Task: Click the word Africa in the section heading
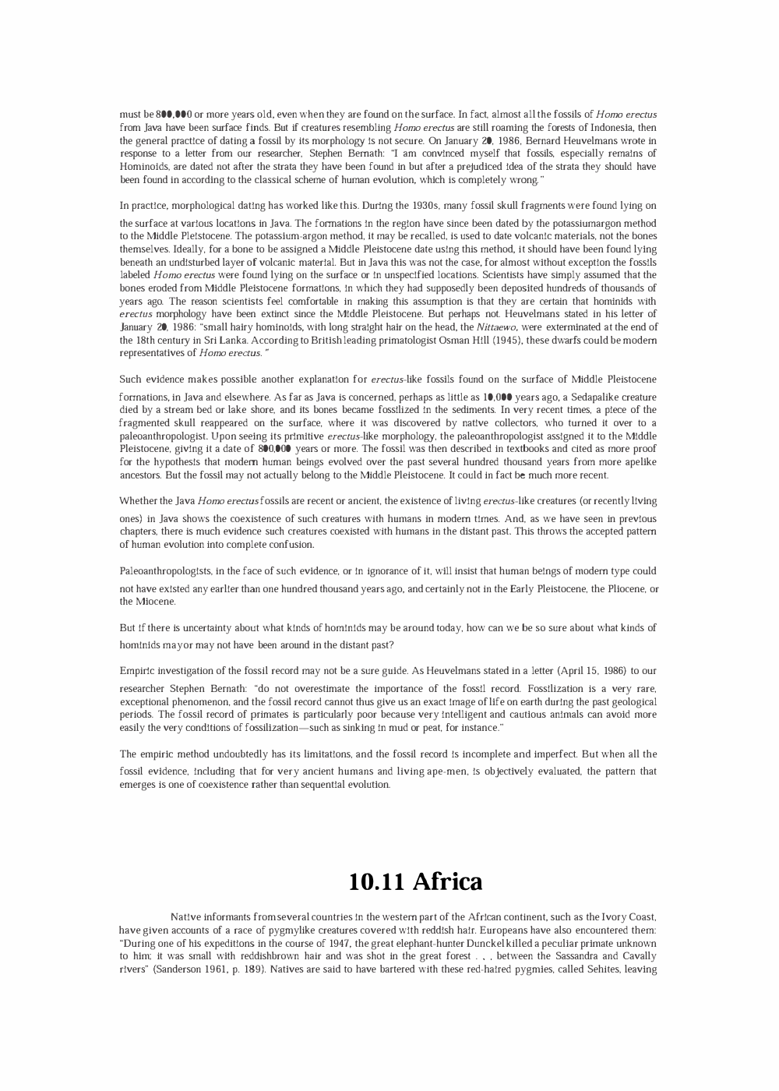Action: (x=447, y=881)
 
